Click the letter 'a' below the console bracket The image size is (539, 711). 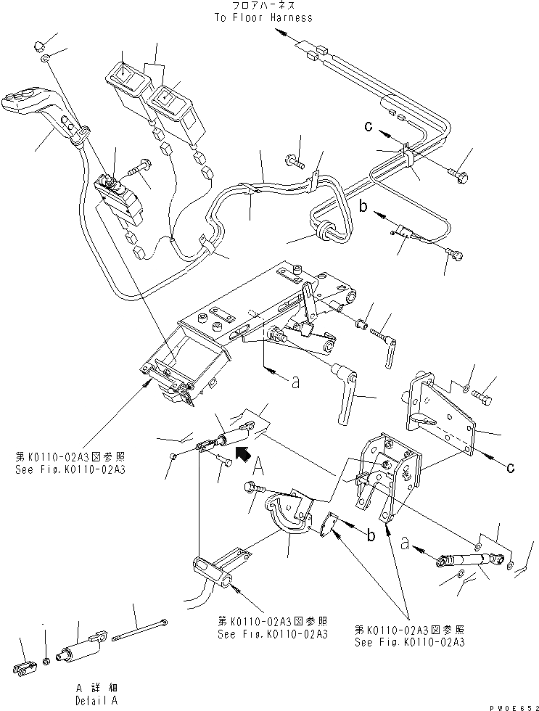tap(295, 383)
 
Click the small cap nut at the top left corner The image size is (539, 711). tap(39, 47)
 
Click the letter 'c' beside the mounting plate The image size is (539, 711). tap(510, 468)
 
